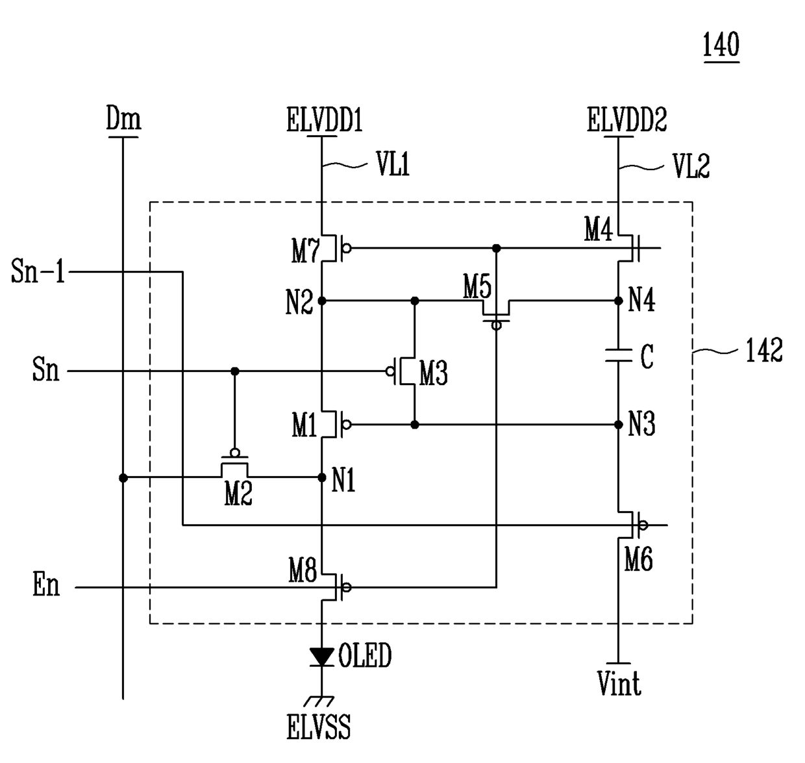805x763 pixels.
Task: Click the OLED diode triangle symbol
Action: (x=321, y=657)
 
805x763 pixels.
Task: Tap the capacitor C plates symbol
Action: (x=618, y=355)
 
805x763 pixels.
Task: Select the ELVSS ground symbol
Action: (x=319, y=701)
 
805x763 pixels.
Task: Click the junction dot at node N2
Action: (x=322, y=301)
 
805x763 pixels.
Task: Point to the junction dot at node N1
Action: (x=322, y=477)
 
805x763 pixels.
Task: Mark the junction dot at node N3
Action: (x=618, y=425)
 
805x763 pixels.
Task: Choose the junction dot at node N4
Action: (x=618, y=301)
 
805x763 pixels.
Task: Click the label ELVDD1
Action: (x=325, y=119)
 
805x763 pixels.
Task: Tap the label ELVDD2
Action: (x=627, y=119)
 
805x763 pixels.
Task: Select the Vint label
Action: (x=619, y=683)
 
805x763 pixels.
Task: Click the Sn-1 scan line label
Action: (x=38, y=271)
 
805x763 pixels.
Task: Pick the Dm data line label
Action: (x=123, y=118)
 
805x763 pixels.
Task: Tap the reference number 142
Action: (x=764, y=350)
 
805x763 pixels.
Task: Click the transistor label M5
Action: (x=477, y=286)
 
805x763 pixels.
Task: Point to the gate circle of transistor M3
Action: (x=390, y=371)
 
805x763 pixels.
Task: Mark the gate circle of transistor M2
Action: (x=234, y=453)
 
